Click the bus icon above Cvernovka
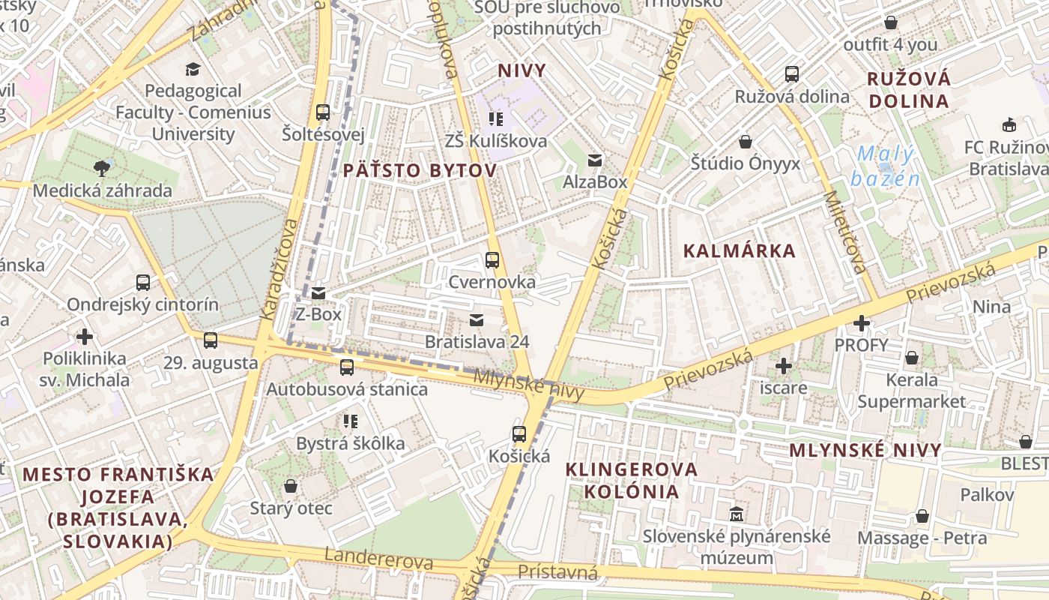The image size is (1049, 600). click(492, 260)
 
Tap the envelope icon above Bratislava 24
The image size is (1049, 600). click(476, 320)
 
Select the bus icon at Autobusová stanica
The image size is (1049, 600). click(346, 367)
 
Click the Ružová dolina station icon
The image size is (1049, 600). click(792, 74)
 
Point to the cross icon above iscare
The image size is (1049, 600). click(784, 366)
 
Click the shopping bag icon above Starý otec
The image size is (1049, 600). click(291, 487)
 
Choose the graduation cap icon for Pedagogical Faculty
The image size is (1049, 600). click(193, 69)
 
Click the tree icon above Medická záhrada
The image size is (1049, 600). click(101, 167)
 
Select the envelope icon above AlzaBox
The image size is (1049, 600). click(595, 160)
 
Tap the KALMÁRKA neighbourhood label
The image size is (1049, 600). click(739, 251)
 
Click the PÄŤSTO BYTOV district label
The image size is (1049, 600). click(420, 171)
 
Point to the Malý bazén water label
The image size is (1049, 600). click(885, 166)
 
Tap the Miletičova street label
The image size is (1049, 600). click(845, 232)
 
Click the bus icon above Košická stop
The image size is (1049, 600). click(519, 433)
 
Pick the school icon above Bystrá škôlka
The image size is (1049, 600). click(350, 421)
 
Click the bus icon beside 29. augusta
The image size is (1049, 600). click(211, 340)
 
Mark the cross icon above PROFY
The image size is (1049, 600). click(862, 323)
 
